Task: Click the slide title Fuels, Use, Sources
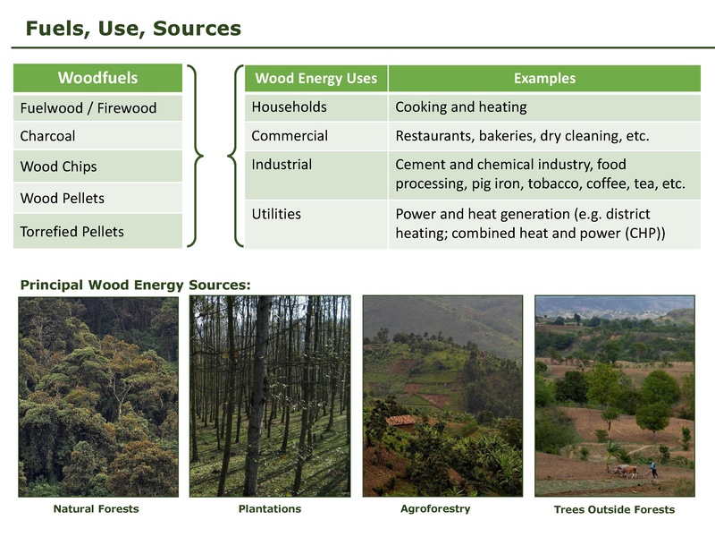[x=133, y=28]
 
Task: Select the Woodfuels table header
[x=97, y=78]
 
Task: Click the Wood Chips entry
[x=58, y=166]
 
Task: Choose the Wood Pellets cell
[x=62, y=198]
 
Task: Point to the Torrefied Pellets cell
[x=71, y=231]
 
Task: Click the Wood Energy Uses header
[x=315, y=78]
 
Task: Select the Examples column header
[x=544, y=78]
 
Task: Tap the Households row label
[x=289, y=107]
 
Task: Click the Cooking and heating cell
[x=460, y=107]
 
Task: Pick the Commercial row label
[x=290, y=136]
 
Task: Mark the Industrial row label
[x=282, y=165]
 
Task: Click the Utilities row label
[x=276, y=214]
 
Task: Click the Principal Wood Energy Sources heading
[x=135, y=285]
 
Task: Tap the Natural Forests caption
[x=96, y=509]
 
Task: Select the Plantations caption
[x=269, y=508]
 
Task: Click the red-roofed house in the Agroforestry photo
[x=401, y=420]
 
